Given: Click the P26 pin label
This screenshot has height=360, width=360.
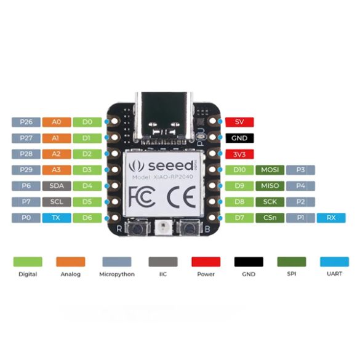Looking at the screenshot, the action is (26, 122).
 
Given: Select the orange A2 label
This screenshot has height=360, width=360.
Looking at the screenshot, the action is (57, 154).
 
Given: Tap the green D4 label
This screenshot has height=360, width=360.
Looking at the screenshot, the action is (87, 186).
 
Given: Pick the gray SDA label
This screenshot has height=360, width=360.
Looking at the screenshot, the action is (57, 186).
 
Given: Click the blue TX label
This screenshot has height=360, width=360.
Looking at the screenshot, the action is (57, 218).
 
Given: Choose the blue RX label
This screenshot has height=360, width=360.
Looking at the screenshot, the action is (331, 218).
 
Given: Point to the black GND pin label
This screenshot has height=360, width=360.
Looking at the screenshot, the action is (239, 138).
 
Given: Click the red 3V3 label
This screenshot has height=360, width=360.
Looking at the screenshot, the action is (239, 154).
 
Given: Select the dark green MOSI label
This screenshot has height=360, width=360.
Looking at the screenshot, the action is (270, 170).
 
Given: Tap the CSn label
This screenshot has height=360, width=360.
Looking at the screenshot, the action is (270, 218).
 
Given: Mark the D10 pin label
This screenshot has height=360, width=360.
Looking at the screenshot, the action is (239, 170).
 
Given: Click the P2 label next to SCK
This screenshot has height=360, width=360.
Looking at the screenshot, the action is (300, 202).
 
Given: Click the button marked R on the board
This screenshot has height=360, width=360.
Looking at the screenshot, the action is (137, 228).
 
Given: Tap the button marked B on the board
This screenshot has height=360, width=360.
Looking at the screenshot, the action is (190, 228).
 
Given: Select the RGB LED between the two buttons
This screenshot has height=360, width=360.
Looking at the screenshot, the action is (163, 228).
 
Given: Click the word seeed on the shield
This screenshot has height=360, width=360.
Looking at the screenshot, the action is (171, 166).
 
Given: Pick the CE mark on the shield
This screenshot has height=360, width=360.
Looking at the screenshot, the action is (182, 197).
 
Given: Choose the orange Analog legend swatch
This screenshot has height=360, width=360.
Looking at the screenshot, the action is (71, 262).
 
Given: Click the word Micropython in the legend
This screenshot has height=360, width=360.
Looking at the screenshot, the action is (117, 274).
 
